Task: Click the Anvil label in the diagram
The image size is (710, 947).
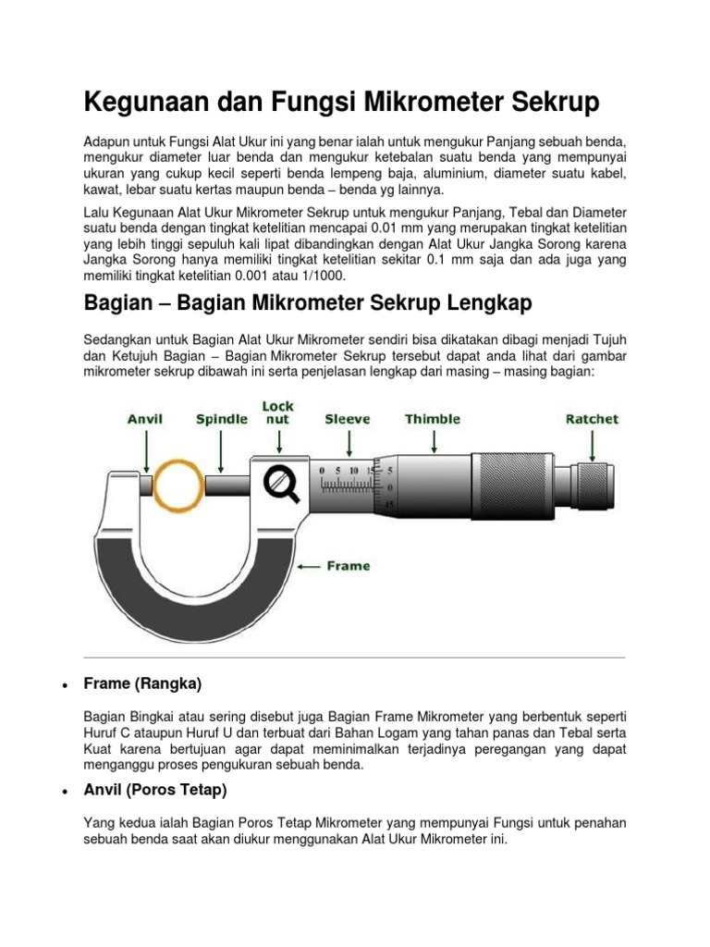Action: click(x=145, y=419)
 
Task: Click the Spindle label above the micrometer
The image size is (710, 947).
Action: click(x=221, y=419)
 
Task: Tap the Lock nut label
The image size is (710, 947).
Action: click(x=278, y=412)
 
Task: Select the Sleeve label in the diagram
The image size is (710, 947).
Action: click(x=348, y=419)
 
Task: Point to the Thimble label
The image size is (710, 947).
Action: click(x=432, y=419)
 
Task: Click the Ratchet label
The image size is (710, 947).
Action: click(x=592, y=419)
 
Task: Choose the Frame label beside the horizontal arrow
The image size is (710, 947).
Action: click(x=349, y=566)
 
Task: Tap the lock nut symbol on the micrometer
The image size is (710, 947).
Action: click(x=279, y=484)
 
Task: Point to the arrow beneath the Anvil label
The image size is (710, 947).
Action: click(x=145, y=449)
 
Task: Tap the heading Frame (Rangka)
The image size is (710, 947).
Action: click(x=142, y=683)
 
